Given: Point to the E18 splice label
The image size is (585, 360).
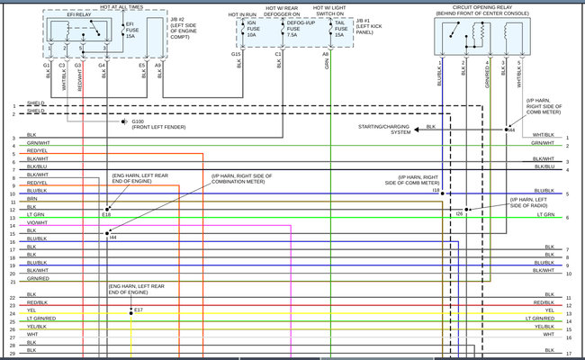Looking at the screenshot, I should point(106,214).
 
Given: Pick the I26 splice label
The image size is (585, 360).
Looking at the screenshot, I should point(459,213).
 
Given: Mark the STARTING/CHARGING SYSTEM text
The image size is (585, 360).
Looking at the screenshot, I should point(385,130).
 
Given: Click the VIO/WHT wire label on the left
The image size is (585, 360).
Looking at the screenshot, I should point(37,222).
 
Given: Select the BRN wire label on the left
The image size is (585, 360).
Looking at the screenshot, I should point(31,199).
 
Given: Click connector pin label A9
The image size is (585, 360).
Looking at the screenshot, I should point(158,66).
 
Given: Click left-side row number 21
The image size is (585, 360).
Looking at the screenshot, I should point(13,282).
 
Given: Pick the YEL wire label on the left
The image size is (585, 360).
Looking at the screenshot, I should point(31,310).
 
